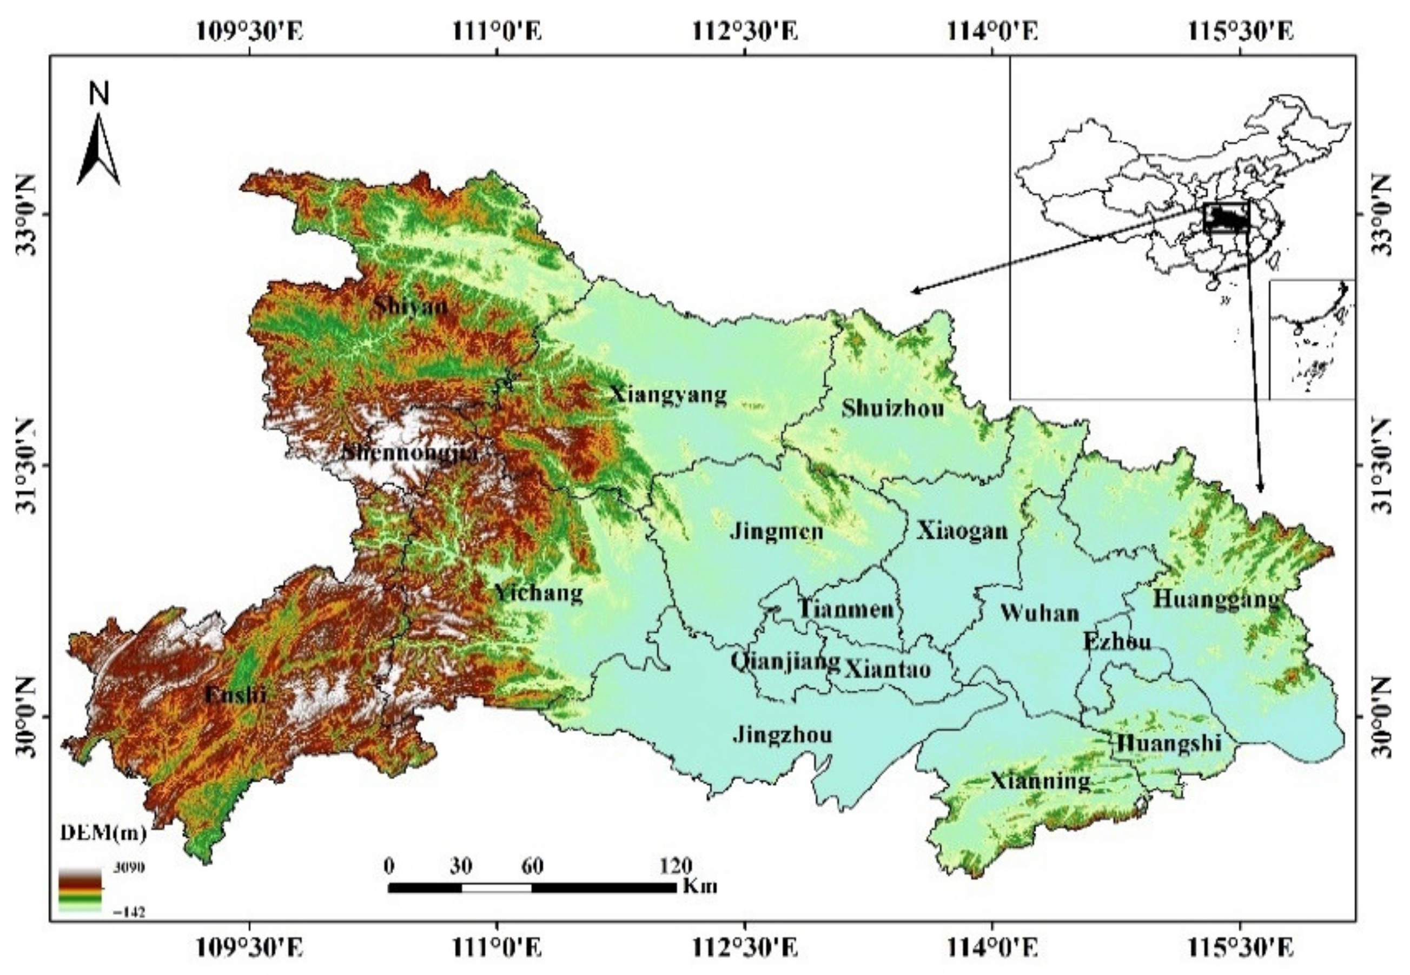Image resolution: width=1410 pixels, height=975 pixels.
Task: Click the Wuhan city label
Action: tap(1039, 613)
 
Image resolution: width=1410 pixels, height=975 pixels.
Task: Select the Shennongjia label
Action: tap(409, 453)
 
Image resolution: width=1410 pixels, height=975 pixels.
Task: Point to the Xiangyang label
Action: tap(669, 395)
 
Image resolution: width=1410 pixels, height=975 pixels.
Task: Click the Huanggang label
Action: tap(1216, 599)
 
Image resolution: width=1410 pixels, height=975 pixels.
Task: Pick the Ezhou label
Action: tap(1117, 641)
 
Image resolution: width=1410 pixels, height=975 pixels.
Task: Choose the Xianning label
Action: tap(1040, 781)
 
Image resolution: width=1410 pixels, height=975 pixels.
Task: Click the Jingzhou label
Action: tap(783, 734)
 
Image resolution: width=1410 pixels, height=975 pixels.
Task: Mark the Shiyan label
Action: tap(411, 305)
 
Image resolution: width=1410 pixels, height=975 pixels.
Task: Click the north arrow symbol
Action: tap(98, 150)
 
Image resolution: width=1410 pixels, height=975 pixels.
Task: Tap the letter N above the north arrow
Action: tap(99, 94)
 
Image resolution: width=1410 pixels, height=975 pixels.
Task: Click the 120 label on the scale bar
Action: tap(676, 866)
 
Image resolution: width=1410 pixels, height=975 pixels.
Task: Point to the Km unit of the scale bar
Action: tap(700, 886)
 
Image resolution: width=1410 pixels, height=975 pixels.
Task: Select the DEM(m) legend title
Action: tap(103, 833)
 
